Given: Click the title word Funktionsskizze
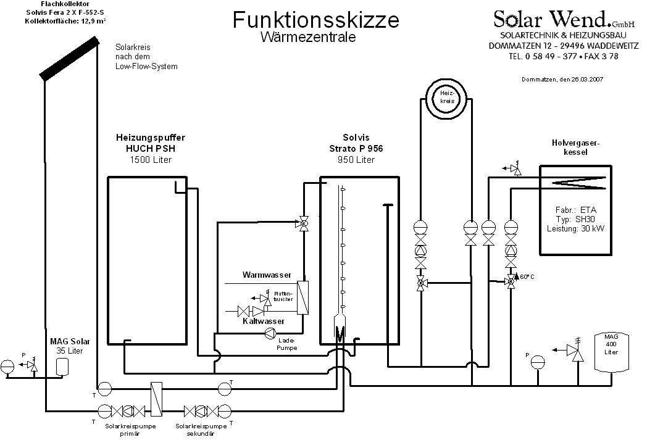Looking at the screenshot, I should click(x=315, y=20).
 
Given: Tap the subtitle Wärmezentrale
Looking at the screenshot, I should click(x=307, y=37).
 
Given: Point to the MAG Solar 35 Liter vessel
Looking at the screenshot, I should click(x=62, y=366).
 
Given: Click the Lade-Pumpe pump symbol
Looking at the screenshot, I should click(x=270, y=333).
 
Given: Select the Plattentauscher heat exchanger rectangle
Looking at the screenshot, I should click(x=302, y=297).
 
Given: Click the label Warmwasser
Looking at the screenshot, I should click(x=266, y=274).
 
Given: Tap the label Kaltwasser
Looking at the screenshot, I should click(x=264, y=322).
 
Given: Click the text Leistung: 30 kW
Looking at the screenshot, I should click(x=575, y=228).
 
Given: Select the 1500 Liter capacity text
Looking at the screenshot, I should click(x=150, y=160).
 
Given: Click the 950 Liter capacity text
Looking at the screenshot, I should click(x=356, y=160).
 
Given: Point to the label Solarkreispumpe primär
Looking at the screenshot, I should click(x=130, y=430).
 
